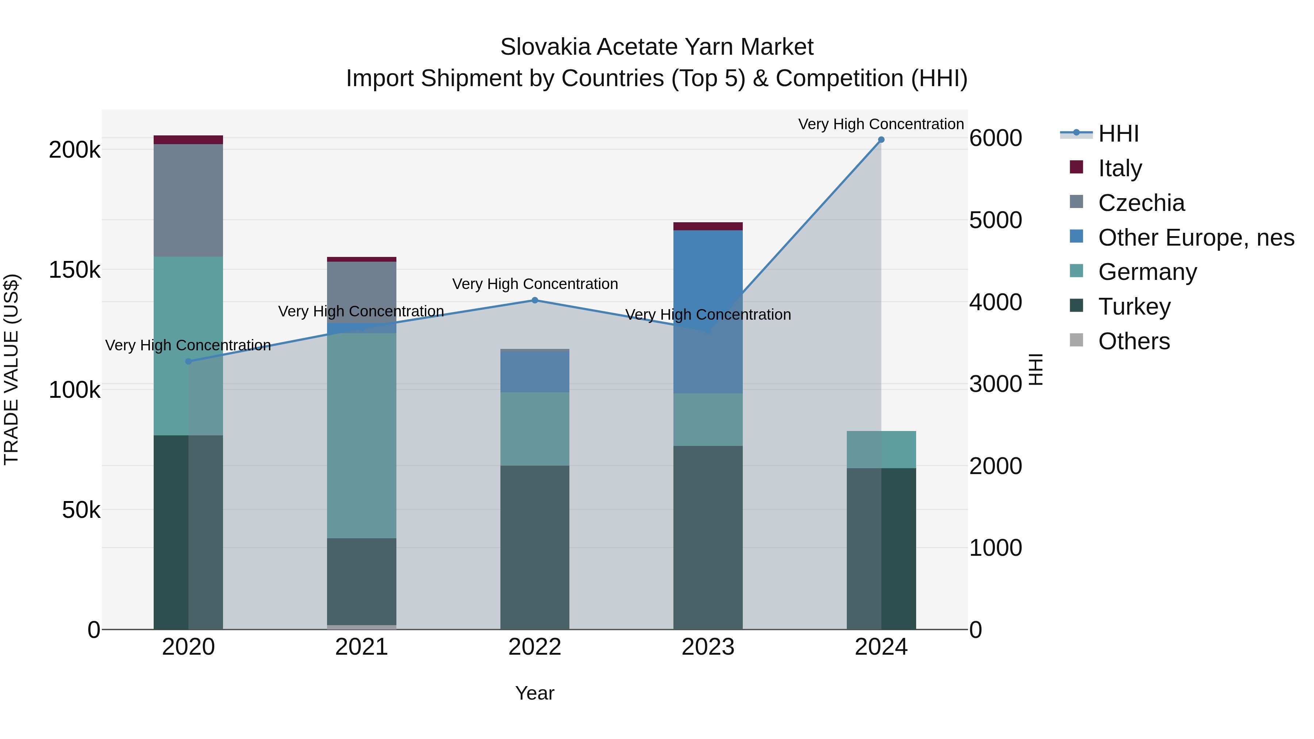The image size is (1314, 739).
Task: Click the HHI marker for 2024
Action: tap(881, 140)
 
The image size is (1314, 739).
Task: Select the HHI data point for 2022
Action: tap(535, 300)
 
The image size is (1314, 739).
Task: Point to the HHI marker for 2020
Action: tap(188, 362)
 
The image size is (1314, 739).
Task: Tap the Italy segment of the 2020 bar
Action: tap(188, 140)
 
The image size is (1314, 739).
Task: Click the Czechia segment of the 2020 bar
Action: tap(188, 200)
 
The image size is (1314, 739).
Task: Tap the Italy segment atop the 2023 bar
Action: tap(708, 226)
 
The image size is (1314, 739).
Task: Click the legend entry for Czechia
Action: tap(1141, 203)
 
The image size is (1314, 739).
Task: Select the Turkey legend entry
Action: tap(1134, 307)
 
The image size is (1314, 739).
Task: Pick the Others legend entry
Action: tap(1133, 341)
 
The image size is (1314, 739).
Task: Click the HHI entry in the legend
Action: tap(1118, 134)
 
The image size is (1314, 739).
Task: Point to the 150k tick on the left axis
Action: tap(74, 270)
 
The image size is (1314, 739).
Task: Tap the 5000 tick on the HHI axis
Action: tap(995, 220)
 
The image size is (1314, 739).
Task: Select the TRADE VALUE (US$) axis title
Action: tap(11, 369)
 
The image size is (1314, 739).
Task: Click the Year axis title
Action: tap(535, 693)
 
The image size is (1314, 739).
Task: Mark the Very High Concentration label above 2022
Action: tap(535, 284)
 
